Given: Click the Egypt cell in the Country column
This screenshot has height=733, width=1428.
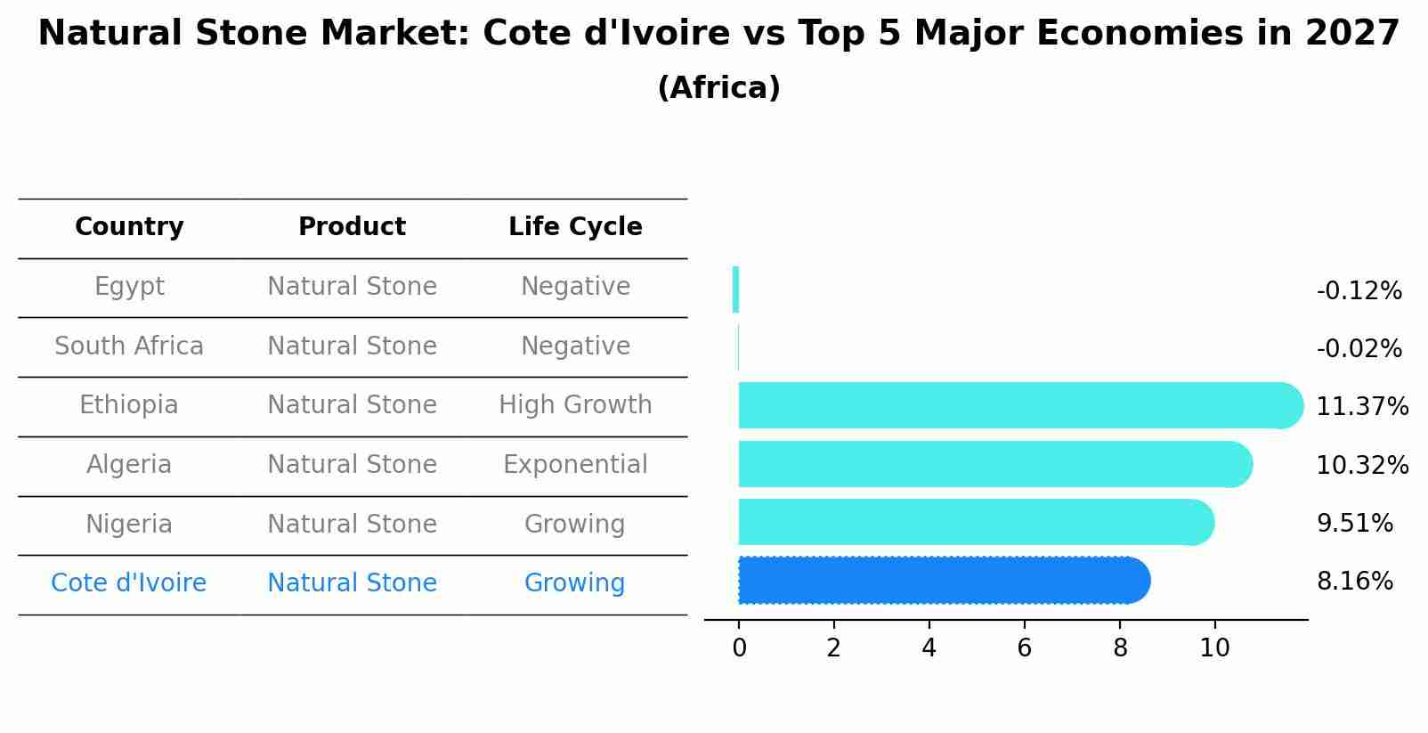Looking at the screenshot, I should pyautogui.click(x=129, y=287).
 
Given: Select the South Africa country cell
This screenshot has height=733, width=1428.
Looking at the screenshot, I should pyautogui.click(x=129, y=346).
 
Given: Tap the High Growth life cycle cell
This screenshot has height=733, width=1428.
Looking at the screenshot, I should pyautogui.click(x=575, y=405).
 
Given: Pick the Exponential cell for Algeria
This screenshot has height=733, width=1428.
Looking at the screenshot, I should pyautogui.click(x=575, y=465).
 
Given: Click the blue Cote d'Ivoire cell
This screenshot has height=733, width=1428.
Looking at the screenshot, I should pyautogui.click(x=129, y=583).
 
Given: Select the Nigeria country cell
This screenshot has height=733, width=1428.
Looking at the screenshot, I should pyautogui.click(x=129, y=525).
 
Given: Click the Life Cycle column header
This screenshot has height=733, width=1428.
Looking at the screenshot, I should pyautogui.click(x=575, y=227).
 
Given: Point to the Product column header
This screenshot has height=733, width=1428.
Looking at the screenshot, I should pyautogui.click(x=352, y=227).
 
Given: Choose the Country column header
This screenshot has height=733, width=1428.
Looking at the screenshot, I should pyautogui.click(x=129, y=227).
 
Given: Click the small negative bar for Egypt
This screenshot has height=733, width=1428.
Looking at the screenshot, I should pyautogui.click(x=735, y=289).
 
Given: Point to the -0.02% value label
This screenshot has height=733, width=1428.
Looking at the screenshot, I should pyautogui.click(x=1359, y=349).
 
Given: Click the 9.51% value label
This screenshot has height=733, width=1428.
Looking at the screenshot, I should pyautogui.click(x=1354, y=524).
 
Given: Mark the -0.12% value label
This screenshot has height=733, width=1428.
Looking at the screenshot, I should pyautogui.click(x=1359, y=291).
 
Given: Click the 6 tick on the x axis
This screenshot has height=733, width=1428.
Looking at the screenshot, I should pyautogui.click(x=1024, y=648).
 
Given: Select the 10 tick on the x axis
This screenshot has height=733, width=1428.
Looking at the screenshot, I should pyautogui.click(x=1214, y=648).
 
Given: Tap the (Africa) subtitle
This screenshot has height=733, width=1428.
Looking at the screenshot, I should pyautogui.click(x=718, y=88).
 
